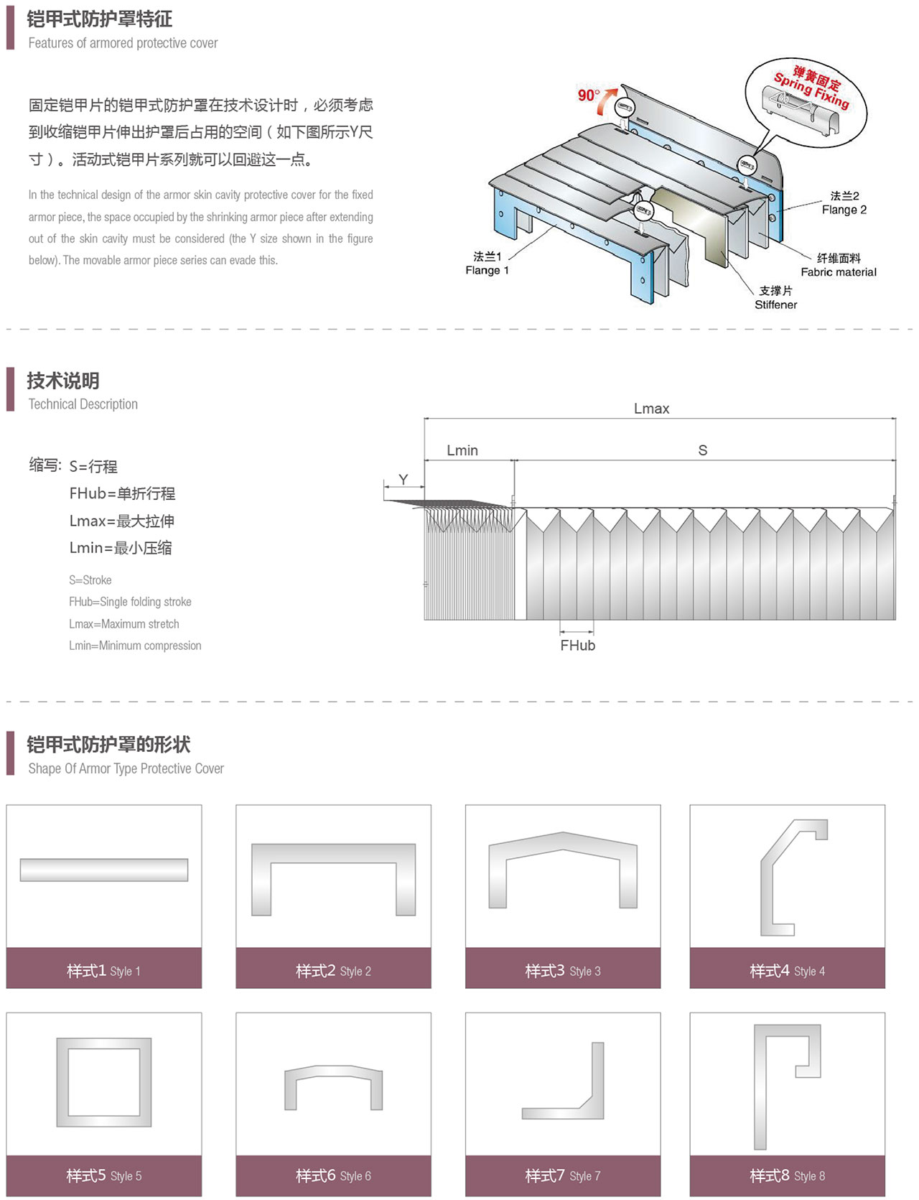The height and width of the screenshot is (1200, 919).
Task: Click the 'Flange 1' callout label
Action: click(x=487, y=264)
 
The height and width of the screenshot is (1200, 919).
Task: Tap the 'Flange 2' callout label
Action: click(x=844, y=203)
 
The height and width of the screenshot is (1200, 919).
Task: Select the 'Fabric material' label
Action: click(x=839, y=265)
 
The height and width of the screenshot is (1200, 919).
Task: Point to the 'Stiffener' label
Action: click(x=775, y=298)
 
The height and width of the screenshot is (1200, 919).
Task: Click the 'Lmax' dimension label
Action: click(x=651, y=409)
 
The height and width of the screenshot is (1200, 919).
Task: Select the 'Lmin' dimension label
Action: click(x=462, y=450)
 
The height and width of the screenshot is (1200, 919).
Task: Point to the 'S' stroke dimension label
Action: click(x=703, y=450)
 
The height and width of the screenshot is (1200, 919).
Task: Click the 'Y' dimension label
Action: click(x=403, y=479)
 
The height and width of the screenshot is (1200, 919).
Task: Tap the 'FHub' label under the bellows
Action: click(x=578, y=646)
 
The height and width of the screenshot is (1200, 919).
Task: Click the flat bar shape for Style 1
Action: click(x=104, y=870)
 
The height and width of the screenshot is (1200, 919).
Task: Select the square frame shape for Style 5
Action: click(x=104, y=1082)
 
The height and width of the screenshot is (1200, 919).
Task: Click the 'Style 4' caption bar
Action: click(x=787, y=970)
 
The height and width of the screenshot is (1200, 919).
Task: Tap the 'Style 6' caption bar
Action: click(x=333, y=1176)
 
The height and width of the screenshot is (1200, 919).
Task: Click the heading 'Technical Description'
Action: click(x=83, y=404)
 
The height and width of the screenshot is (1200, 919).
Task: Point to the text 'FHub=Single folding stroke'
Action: click(x=130, y=602)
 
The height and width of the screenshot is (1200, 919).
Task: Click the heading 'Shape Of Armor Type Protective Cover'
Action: click(x=126, y=768)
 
